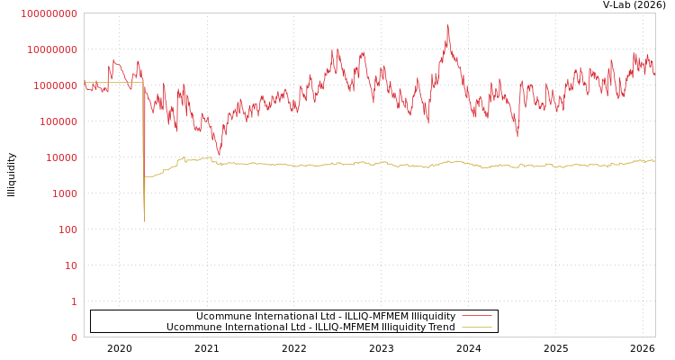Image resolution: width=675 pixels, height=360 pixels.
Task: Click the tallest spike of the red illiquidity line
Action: (447, 26)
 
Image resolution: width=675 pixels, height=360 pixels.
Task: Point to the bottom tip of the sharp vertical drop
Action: (144, 220)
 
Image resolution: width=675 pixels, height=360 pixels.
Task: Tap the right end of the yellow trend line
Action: (654, 161)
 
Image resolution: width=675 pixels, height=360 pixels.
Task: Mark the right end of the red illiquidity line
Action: (654, 71)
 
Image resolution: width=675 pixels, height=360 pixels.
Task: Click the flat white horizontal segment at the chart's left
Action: (112, 83)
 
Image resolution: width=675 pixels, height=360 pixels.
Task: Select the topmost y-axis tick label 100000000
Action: (49, 13)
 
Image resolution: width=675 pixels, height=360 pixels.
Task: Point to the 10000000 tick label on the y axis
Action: (52, 49)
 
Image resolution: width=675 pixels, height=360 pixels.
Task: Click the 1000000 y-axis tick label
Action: (56, 85)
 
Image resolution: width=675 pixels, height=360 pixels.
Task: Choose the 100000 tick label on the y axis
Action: (58, 121)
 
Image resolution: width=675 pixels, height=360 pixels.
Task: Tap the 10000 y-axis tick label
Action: (62, 157)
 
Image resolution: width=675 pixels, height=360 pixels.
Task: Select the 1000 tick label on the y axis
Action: (65, 193)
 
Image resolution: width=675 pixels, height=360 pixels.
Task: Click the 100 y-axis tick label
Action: (68, 229)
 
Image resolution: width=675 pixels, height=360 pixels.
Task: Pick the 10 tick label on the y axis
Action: (71, 265)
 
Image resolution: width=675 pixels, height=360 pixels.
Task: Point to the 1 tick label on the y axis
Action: (75, 301)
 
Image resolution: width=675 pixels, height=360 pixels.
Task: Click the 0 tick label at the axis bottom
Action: (75, 337)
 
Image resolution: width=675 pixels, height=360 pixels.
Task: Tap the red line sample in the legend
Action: (476, 316)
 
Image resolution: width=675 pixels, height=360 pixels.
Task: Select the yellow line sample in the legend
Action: (476, 327)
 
